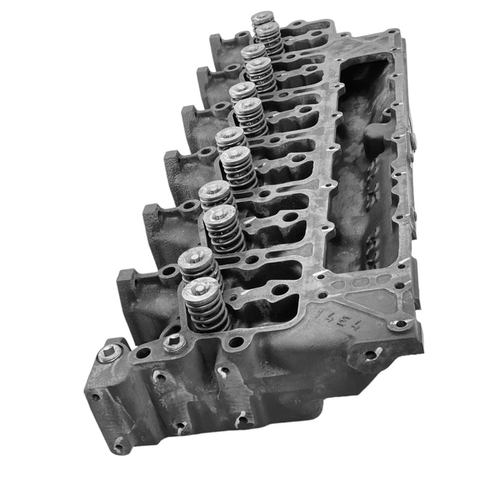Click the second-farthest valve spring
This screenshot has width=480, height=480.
(x=269, y=38)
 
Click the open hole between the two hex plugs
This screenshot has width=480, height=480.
(x=143, y=353)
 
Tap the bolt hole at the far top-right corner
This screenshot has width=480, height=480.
(x=394, y=34)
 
